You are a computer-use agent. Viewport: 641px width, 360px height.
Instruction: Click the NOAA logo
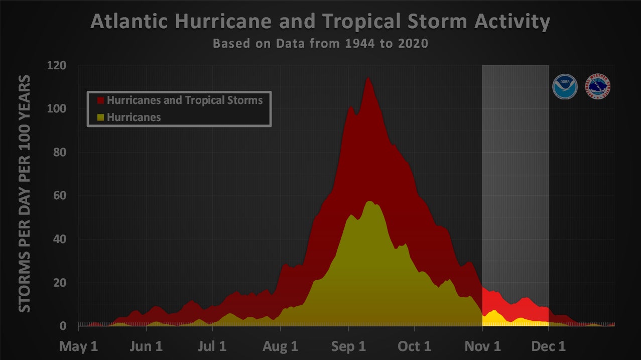coord(565,86)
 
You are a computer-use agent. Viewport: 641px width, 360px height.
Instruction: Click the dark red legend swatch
coord(100,100)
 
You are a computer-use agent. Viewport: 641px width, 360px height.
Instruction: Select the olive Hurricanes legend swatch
coord(100,117)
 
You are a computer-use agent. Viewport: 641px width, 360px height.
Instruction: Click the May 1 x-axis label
coord(78,347)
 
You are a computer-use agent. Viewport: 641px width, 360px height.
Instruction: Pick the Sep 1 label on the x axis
coord(348,347)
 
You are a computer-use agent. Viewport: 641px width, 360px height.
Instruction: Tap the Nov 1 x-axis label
coord(482,347)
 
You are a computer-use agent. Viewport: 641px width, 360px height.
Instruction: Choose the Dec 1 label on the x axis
coord(548,347)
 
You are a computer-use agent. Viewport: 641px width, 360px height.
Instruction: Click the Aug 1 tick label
coord(280,347)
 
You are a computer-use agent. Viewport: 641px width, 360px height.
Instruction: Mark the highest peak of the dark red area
coord(368,78)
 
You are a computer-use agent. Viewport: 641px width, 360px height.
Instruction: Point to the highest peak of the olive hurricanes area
coord(369,201)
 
